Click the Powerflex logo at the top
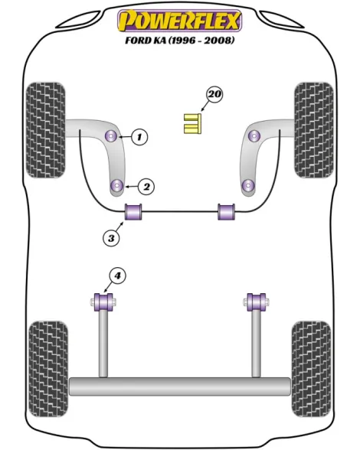click(x=179, y=21)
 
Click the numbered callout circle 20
click(x=215, y=94)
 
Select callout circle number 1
click(x=139, y=136)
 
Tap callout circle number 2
click(x=146, y=187)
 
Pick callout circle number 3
click(x=111, y=237)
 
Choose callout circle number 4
click(x=117, y=276)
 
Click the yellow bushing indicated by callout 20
click(x=193, y=123)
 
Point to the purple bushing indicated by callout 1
click(x=112, y=135)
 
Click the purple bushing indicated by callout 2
click(x=117, y=186)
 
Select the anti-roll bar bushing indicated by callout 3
click(x=133, y=211)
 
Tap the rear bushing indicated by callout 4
click(x=103, y=302)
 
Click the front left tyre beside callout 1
click(x=46, y=130)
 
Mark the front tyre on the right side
click(x=314, y=130)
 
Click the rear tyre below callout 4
click(x=48, y=370)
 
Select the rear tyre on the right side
click(x=311, y=370)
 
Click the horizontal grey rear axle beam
click(x=180, y=386)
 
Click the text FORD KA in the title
click(x=146, y=40)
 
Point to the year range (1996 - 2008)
click(x=201, y=40)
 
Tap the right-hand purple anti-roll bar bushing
click(x=226, y=211)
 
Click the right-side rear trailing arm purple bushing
click(x=257, y=302)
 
